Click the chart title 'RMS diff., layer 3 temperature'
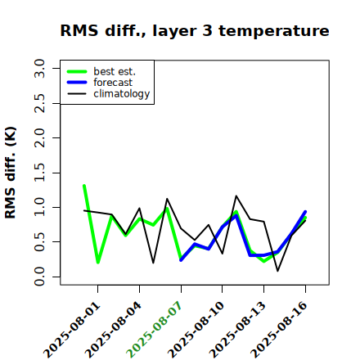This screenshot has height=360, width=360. tap(195, 31)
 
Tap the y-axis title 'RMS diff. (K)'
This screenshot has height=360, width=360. tap(11, 173)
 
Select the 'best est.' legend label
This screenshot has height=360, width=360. tap(115, 71)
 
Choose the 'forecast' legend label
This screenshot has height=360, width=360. tap(113, 83)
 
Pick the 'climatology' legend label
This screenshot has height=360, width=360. tap(122, 94)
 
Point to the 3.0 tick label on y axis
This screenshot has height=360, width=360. tap(39, 69)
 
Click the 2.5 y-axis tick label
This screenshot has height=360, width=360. tap(39, 104)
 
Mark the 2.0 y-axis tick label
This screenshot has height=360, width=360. tap(39, 138)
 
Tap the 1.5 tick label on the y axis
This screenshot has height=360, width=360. tap(39, 173)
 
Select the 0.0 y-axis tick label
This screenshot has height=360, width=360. tap(39, 277)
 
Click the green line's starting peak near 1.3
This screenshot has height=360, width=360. tap(84, 186)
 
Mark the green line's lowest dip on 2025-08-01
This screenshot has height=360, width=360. tap(98, 263)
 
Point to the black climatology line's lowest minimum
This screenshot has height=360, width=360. tap(277, 271)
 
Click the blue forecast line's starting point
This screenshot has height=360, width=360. tap(181, 260)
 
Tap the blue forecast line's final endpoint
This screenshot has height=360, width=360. tap(305, 212)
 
